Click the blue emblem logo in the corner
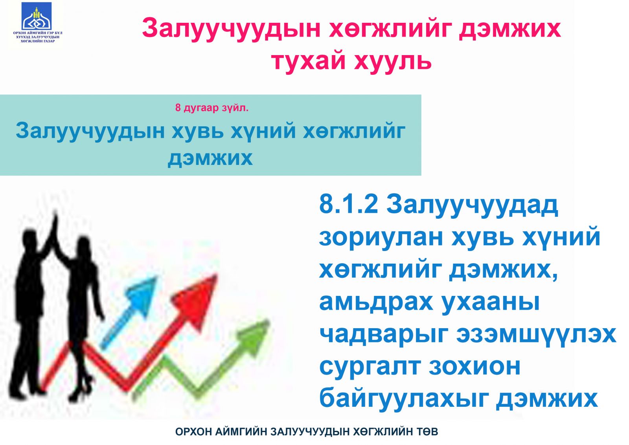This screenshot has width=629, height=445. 37,16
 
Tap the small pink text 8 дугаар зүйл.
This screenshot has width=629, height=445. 212,108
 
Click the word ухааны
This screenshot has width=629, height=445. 490,303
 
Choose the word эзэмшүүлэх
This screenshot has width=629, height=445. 536,335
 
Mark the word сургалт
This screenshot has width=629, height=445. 370,367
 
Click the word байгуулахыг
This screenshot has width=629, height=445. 404,399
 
